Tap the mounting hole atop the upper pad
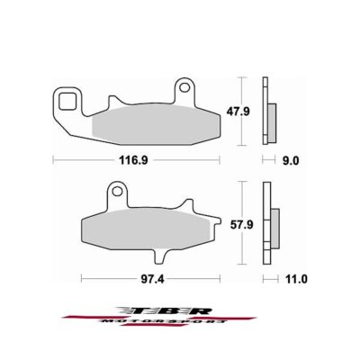coord(185,88)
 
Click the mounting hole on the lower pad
coord(114,191)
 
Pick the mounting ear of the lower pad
coord(114,193)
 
